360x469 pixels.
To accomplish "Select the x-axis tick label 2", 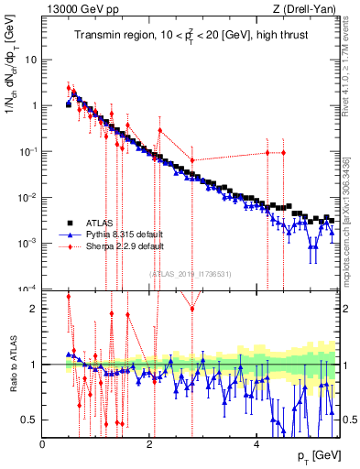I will click(150, 444).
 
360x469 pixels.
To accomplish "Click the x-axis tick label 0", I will click(43, 444).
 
